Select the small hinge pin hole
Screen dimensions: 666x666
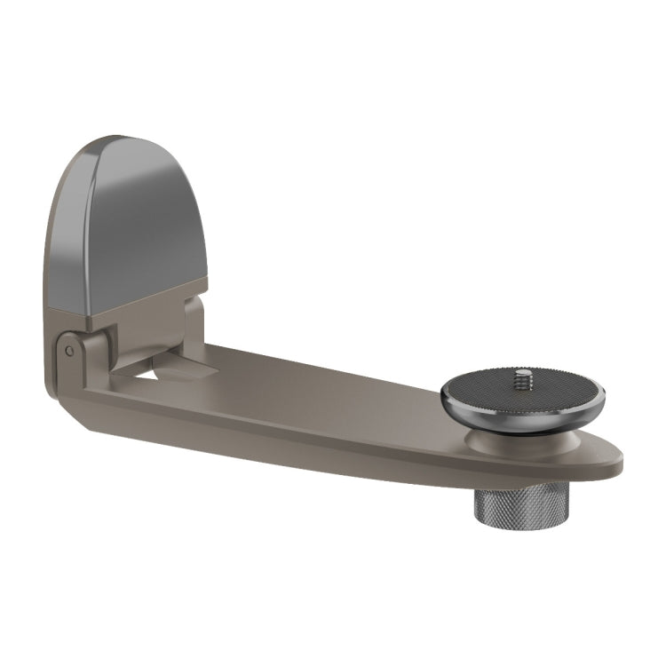[69, 351]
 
